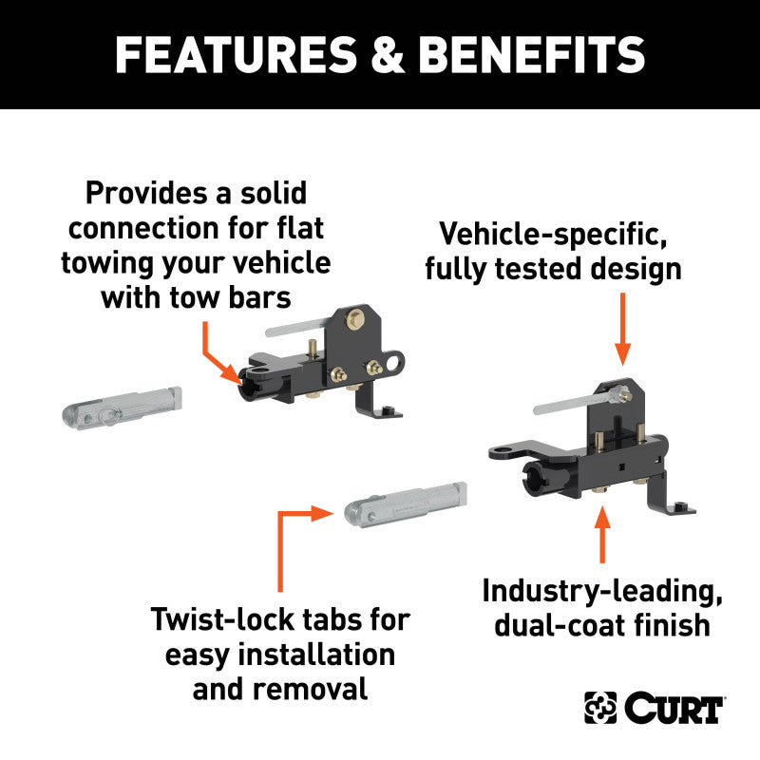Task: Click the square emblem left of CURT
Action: pyautogui.click(x=600, y=708)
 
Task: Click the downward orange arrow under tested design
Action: pyautogui.click(x=622, y=328)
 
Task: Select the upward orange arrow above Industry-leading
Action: pyautogui.click(x=600, y=536)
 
